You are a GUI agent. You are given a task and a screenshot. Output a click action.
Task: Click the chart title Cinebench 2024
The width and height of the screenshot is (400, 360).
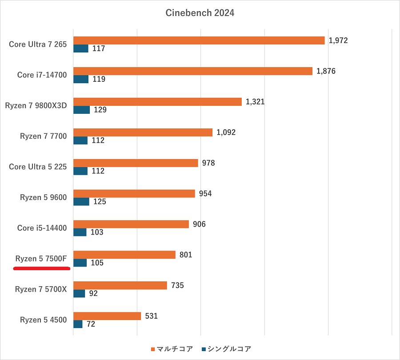click(200, 13)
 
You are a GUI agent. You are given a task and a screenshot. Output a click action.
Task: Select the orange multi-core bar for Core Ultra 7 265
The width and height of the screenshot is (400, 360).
click(199, 40)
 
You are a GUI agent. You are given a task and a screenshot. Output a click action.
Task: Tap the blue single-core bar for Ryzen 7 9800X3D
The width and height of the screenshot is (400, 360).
click(81, 110)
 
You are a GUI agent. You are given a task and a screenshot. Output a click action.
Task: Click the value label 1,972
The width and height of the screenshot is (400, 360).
click(338, 40)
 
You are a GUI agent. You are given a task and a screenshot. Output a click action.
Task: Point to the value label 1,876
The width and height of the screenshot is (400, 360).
click(326, 71)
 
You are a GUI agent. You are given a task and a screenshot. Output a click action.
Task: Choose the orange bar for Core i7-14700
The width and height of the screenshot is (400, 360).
click(193, 71)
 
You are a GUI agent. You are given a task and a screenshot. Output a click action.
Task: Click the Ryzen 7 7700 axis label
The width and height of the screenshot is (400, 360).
click(43, 136)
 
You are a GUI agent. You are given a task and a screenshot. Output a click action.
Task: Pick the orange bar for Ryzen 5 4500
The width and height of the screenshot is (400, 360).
click(107, 316)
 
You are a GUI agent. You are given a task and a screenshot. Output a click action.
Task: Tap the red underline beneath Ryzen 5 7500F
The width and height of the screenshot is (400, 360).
click(42, 268)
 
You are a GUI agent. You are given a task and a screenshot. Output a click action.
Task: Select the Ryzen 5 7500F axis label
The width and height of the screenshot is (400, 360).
click(41, 259)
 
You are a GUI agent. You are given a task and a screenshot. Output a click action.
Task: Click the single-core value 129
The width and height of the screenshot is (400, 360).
click(100, 110)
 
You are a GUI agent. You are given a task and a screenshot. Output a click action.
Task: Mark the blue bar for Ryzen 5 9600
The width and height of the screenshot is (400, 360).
click(81, 202)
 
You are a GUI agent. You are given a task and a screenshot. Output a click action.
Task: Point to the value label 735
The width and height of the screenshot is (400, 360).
click(177, 285)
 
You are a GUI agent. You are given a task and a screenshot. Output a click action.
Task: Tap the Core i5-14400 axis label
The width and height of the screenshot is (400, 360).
click(42, 228)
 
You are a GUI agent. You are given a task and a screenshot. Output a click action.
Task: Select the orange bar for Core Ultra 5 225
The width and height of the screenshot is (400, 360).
click(136, 163)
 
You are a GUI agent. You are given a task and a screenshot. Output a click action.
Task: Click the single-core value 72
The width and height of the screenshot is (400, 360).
click(91, 324)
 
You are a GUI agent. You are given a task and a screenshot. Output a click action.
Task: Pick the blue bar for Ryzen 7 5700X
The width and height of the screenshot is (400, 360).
click(79, 293)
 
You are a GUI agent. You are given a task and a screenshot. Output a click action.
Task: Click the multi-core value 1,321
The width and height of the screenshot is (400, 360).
click(255, 102)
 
